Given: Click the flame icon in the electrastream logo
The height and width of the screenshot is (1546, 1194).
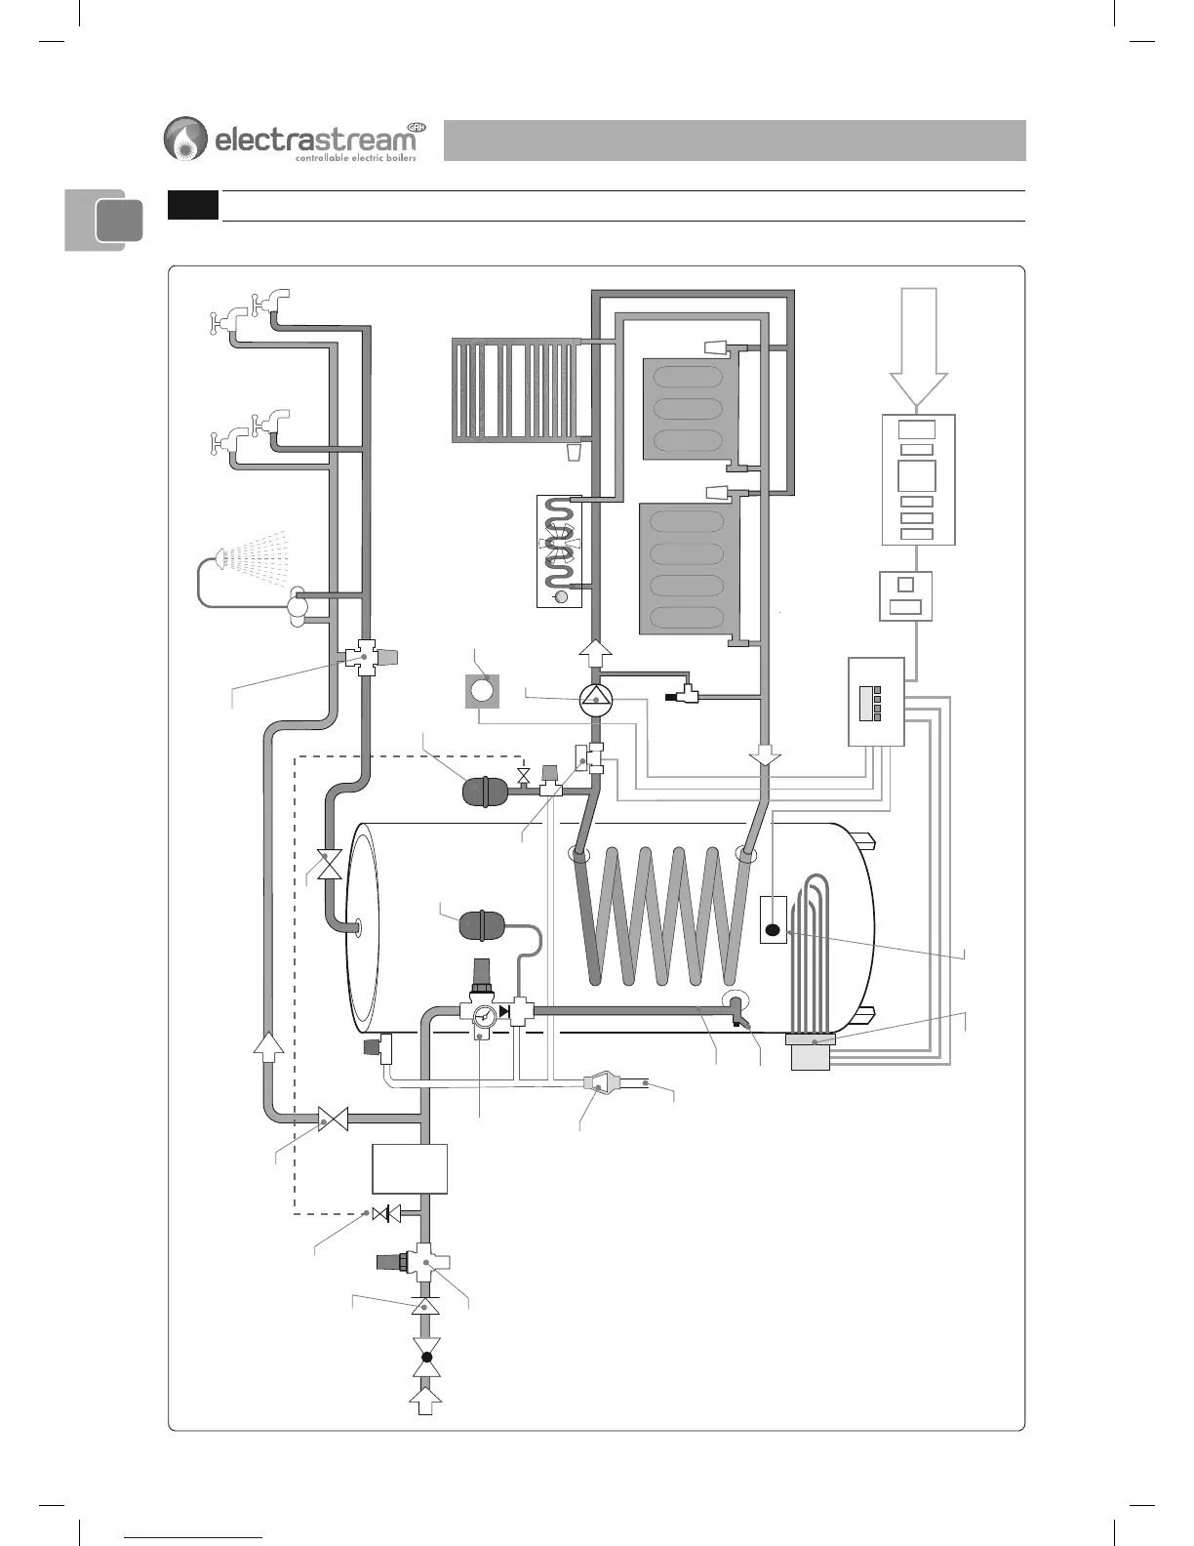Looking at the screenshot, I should coord(185,139).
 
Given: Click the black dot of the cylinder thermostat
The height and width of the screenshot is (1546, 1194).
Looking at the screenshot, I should coord(773,929).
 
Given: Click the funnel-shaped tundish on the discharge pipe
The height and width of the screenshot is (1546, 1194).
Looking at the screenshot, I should coord(599,1081).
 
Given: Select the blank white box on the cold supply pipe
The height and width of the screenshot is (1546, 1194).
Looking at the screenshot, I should coord(410,1168).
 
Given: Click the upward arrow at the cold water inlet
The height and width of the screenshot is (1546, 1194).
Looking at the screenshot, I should coord(425,1402).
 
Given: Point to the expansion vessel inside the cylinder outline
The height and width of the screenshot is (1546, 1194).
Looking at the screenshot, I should coord(479,924).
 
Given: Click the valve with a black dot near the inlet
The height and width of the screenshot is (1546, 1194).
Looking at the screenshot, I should coord(425,1357).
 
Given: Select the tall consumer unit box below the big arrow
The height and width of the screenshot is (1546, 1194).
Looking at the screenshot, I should coord(918,479).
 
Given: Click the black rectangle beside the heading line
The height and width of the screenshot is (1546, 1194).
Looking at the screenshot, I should coord(192,205).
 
